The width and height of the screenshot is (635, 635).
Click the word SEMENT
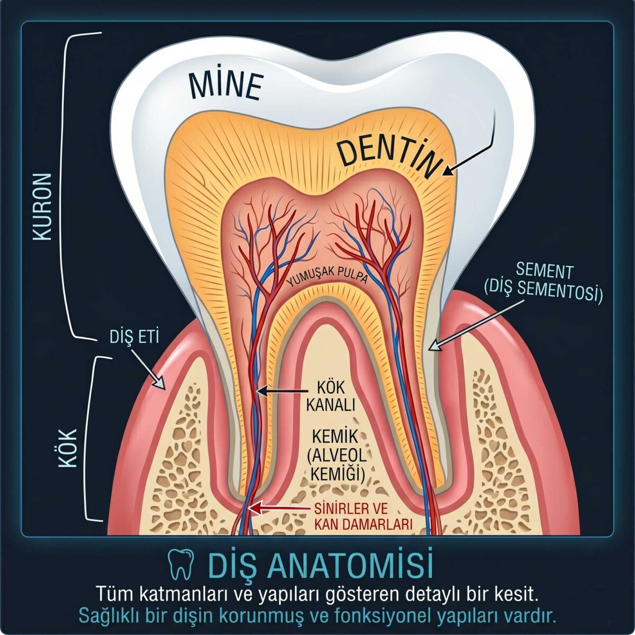[544, 271]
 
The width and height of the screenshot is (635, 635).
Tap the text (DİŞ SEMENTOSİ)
[543, 290]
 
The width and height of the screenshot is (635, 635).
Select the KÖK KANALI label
[331, 397]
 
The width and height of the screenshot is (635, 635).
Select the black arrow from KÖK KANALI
[282, 391]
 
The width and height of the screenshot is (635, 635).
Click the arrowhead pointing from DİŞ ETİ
[160, 383]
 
